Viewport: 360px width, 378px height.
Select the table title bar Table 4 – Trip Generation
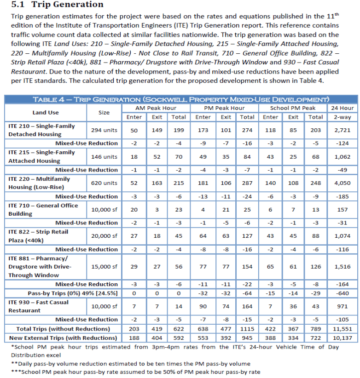pyautogui.click(x=180, y=100)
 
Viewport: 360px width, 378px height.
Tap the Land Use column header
pyautogui.click(x=46, y=112)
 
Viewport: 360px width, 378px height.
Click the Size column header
pyautogui.click(x=104, y=112)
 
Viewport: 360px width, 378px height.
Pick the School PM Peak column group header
pyautogui.click(x=292, y=108)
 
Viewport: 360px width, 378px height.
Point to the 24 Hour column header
pyautogui.click(x=342, y=108)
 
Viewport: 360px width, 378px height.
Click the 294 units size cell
pyautogui.click(x=104, y=130)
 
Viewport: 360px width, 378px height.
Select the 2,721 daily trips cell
pyautogui.click(x=342, y=130)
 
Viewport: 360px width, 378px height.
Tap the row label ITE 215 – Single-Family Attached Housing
pyautogui.click(x=41, y=157)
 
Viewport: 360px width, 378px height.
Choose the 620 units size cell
pyautogui.click(x=104, y=183)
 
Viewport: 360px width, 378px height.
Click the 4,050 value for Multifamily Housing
pyautogui.click(x=342, y=183)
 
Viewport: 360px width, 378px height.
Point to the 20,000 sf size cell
pyautogui.click(x=104, y=236)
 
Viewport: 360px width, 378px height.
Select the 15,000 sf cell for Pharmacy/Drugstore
pyautogui.click(x=104, y=267)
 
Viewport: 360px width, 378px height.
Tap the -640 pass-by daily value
pyautogui.click(x=342, y=293)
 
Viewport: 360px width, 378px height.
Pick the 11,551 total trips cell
pyautogui.click(x=342, y=329)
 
